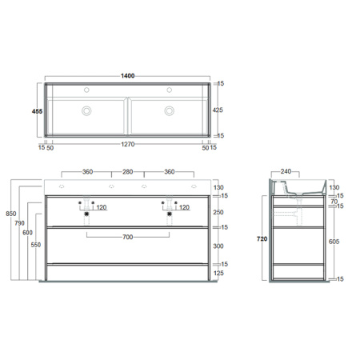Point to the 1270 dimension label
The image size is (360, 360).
[127, 147]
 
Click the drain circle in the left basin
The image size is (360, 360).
[87, 111]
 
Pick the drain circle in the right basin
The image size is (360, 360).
[170, 111]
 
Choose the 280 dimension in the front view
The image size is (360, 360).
[127, 171]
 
